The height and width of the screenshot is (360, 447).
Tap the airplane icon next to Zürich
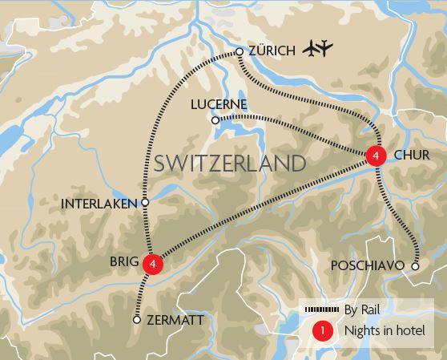[318, 50]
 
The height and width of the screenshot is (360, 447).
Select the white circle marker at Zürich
[239, 52]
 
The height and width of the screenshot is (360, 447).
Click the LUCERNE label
[219, 104]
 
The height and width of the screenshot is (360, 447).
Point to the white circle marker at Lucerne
[215, 120]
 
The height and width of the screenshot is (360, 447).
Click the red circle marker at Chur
[375, 156]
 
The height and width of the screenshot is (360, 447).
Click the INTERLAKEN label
[100, 204]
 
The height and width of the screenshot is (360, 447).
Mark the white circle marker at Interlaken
[145, 203]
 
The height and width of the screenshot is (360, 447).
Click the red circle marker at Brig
[151, 262]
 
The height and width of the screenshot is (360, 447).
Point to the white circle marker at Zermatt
[137, 319]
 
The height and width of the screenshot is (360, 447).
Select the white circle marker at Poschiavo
[415, 265]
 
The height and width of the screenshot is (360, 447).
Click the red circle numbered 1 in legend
[322, 330]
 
